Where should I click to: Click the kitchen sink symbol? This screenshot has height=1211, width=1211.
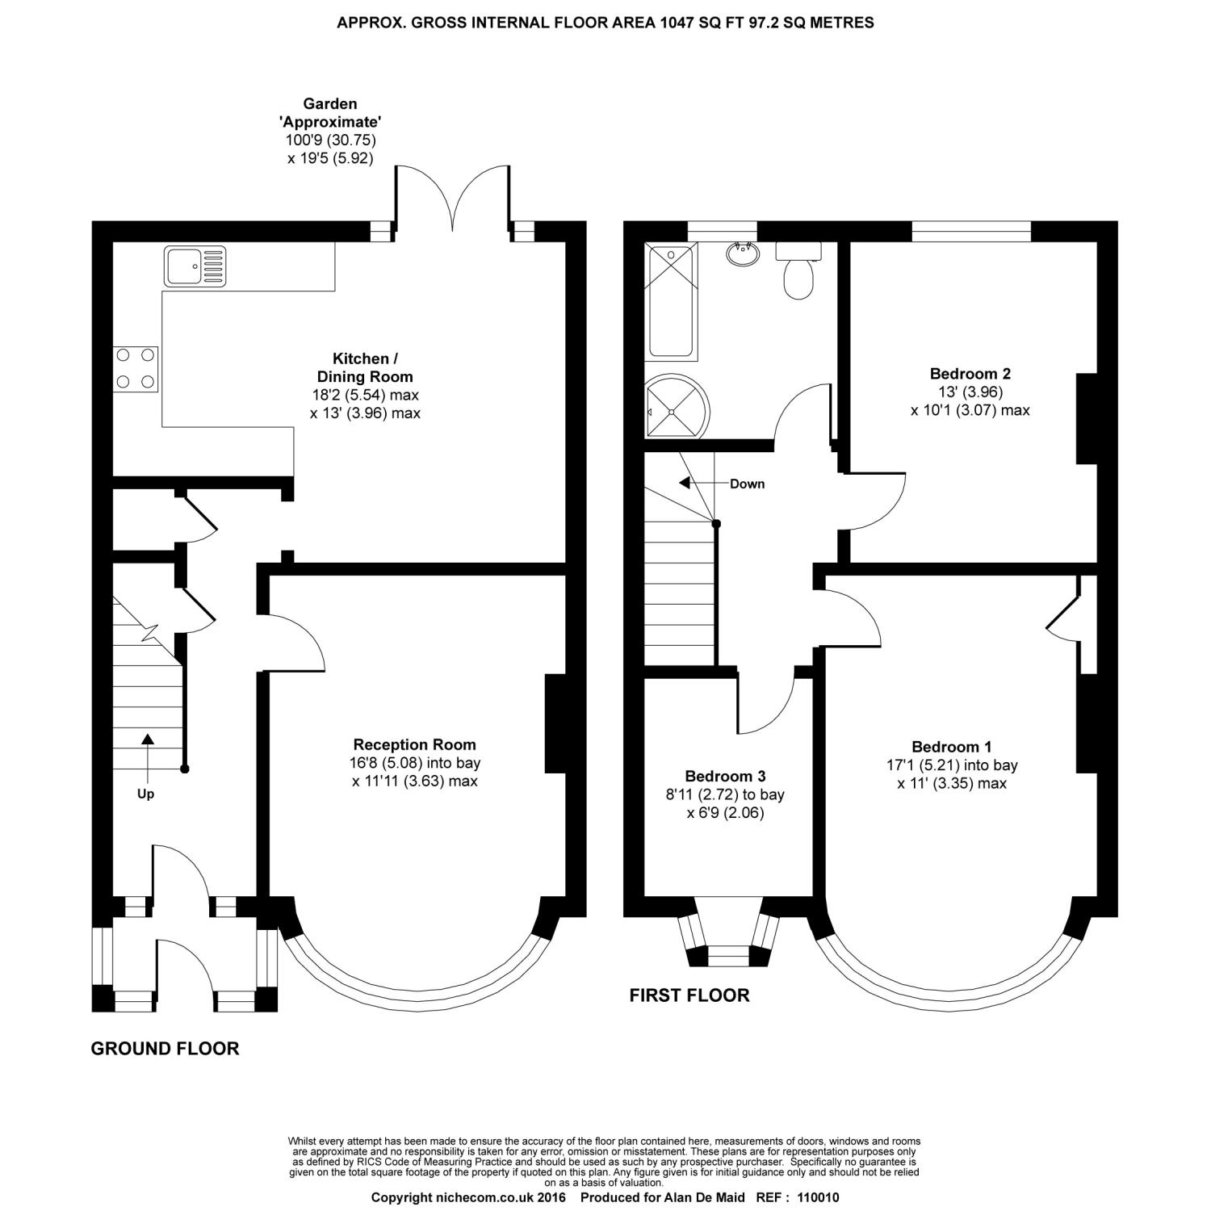196,266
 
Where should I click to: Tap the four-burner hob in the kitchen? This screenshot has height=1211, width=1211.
136,368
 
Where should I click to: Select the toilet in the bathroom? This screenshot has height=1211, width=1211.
798,270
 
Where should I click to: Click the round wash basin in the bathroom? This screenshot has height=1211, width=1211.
743,254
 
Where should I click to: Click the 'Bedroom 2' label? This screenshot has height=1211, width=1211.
970,374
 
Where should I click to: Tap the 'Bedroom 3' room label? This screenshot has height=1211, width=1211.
725,777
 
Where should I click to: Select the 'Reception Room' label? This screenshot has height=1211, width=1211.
415,744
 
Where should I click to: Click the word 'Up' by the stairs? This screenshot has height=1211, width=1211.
145,794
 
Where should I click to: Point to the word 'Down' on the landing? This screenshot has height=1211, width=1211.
747,484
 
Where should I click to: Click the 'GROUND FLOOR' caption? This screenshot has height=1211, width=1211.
165,1049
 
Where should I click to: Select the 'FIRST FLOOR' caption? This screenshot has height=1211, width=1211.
689,995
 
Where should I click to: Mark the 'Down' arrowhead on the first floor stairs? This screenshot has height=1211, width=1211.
684,483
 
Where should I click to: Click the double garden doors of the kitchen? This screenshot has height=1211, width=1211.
453,198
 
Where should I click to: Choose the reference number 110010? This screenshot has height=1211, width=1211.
818,1198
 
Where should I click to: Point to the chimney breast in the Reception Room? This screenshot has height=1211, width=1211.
555,723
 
